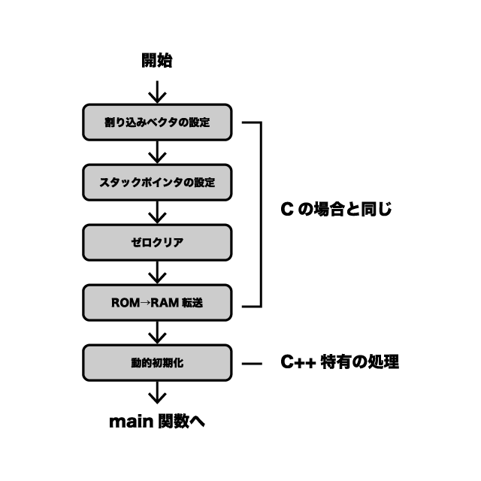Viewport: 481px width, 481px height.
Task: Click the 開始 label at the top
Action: pos(156,61)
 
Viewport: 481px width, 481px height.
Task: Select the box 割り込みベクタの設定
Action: pos(156,122)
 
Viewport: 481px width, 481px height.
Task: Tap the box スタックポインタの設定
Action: pos(156,183)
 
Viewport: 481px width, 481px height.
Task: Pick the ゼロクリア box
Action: pos(156,243)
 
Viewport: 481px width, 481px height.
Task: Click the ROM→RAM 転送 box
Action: pos(156,303)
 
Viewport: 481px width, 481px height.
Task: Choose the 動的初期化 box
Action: pos(156,363)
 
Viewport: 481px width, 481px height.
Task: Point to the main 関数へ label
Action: pos(156,422)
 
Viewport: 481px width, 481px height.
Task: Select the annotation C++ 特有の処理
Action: pos(340,362)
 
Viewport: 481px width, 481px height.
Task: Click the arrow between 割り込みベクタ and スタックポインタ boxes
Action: pos(156,152)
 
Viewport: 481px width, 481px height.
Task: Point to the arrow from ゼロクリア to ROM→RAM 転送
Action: pos(156,272)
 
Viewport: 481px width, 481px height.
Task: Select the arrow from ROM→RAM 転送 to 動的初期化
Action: pos(156,332)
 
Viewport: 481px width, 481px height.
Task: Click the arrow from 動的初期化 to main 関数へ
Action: pos(156,392)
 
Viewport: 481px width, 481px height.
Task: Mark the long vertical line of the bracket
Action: pos(261,214)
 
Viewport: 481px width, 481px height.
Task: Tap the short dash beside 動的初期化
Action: pos(252,363)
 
